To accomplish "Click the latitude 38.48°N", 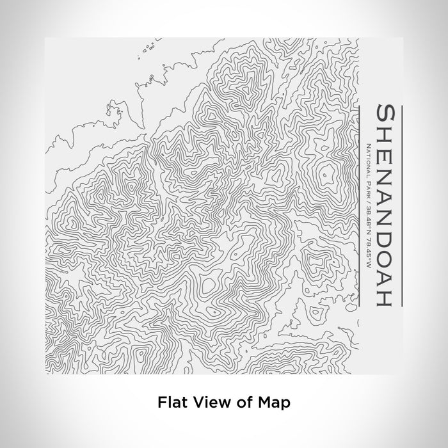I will pyautogui.click(x=368, y=220).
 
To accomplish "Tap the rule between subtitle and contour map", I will pyautogui.click(x=360, y=204).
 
